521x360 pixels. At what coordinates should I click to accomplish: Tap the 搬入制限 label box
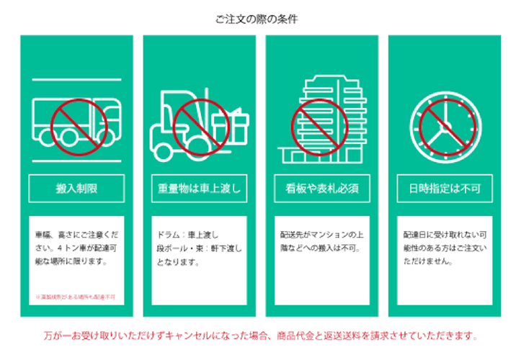77,189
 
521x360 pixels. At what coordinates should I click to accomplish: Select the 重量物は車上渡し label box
200,189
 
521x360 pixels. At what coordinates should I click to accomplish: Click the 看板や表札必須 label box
322,189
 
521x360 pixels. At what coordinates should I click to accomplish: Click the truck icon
77,122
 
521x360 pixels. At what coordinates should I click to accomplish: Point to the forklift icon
180,122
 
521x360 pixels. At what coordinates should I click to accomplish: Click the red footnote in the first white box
77,296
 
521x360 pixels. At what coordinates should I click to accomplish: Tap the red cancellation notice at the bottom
260,336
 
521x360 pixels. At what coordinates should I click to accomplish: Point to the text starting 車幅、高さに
77,248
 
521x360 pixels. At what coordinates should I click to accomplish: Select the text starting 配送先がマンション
322,242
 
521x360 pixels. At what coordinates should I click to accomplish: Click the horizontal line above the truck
77,79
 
